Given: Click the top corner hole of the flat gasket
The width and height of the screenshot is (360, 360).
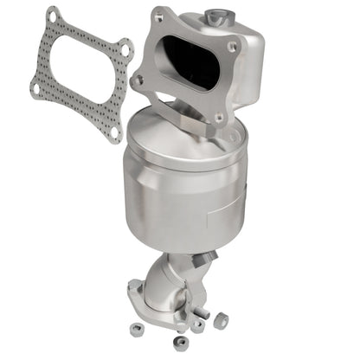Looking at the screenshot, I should (55, 16).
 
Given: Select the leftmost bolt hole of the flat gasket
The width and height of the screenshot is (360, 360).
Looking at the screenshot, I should (35, 87).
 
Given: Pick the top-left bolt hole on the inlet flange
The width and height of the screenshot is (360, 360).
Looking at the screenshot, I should (158, 16).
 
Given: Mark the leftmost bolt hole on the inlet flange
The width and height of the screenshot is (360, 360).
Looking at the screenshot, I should (138, 80).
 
